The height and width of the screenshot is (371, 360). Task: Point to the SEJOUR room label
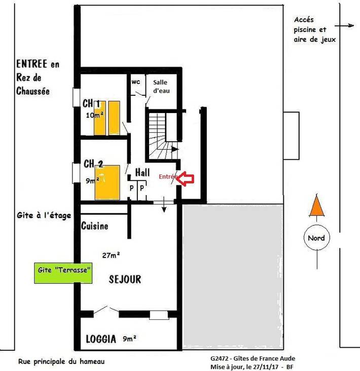tap(124, 279)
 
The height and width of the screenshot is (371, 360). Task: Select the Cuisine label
tap(95, 227)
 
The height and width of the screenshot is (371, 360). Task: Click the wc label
tap(135, 82)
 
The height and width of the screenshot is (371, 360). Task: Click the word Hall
tap(142, 173)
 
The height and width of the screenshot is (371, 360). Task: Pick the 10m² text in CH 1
tap(94, 115)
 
